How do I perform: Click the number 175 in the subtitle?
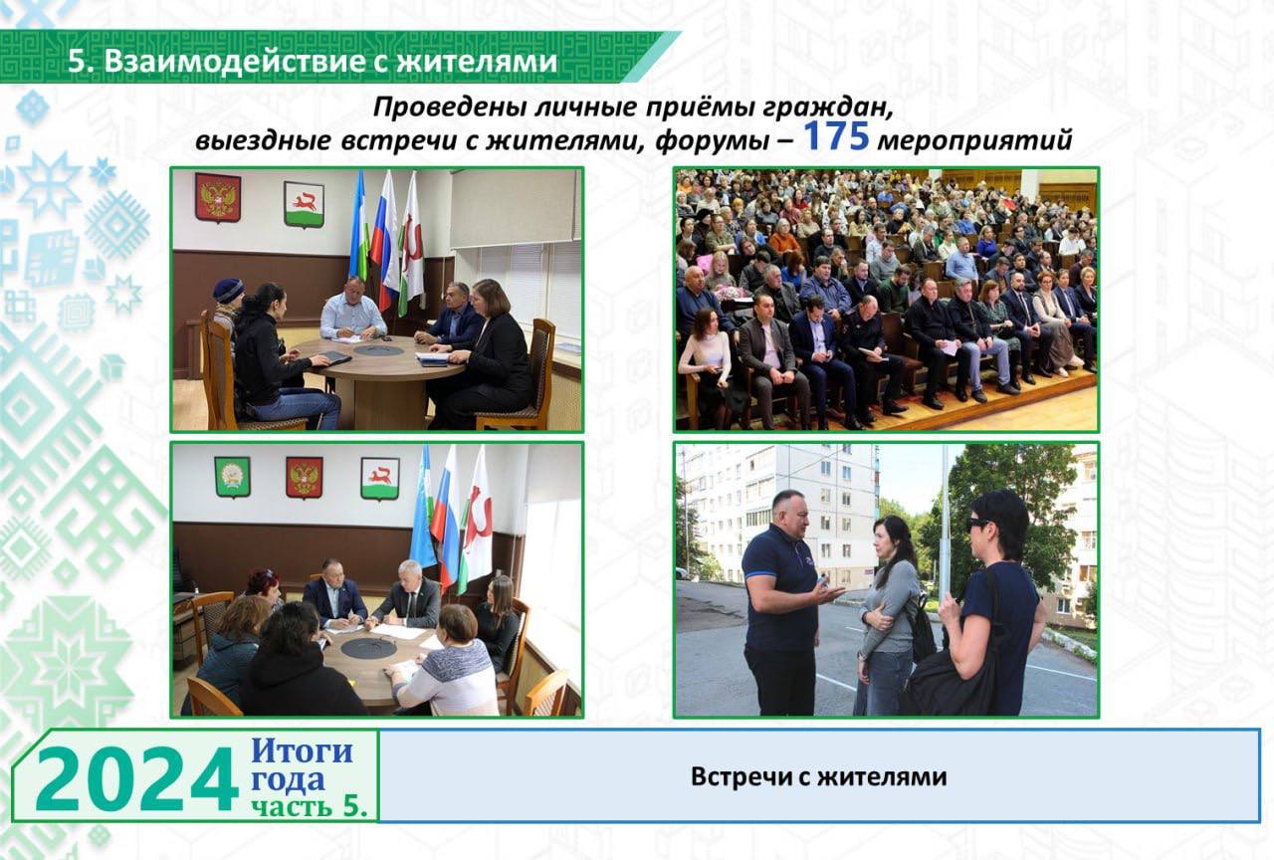tap(835, 136)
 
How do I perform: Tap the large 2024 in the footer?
tap(136, 778)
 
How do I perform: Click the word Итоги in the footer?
tap(302, 751)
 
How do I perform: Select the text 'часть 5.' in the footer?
tap(310, 805)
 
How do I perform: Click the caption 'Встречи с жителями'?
tap(818, 776)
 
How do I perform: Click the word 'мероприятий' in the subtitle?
tap(974, 140)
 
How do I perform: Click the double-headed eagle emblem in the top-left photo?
tap(218, 197)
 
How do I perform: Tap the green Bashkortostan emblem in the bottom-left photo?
tap(232, 477)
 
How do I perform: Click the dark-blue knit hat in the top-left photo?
tap(228, 290)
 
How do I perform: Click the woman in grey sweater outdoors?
tap(886, 615)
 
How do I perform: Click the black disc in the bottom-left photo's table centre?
tap(367, 647)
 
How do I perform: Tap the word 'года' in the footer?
tap(288, 779)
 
